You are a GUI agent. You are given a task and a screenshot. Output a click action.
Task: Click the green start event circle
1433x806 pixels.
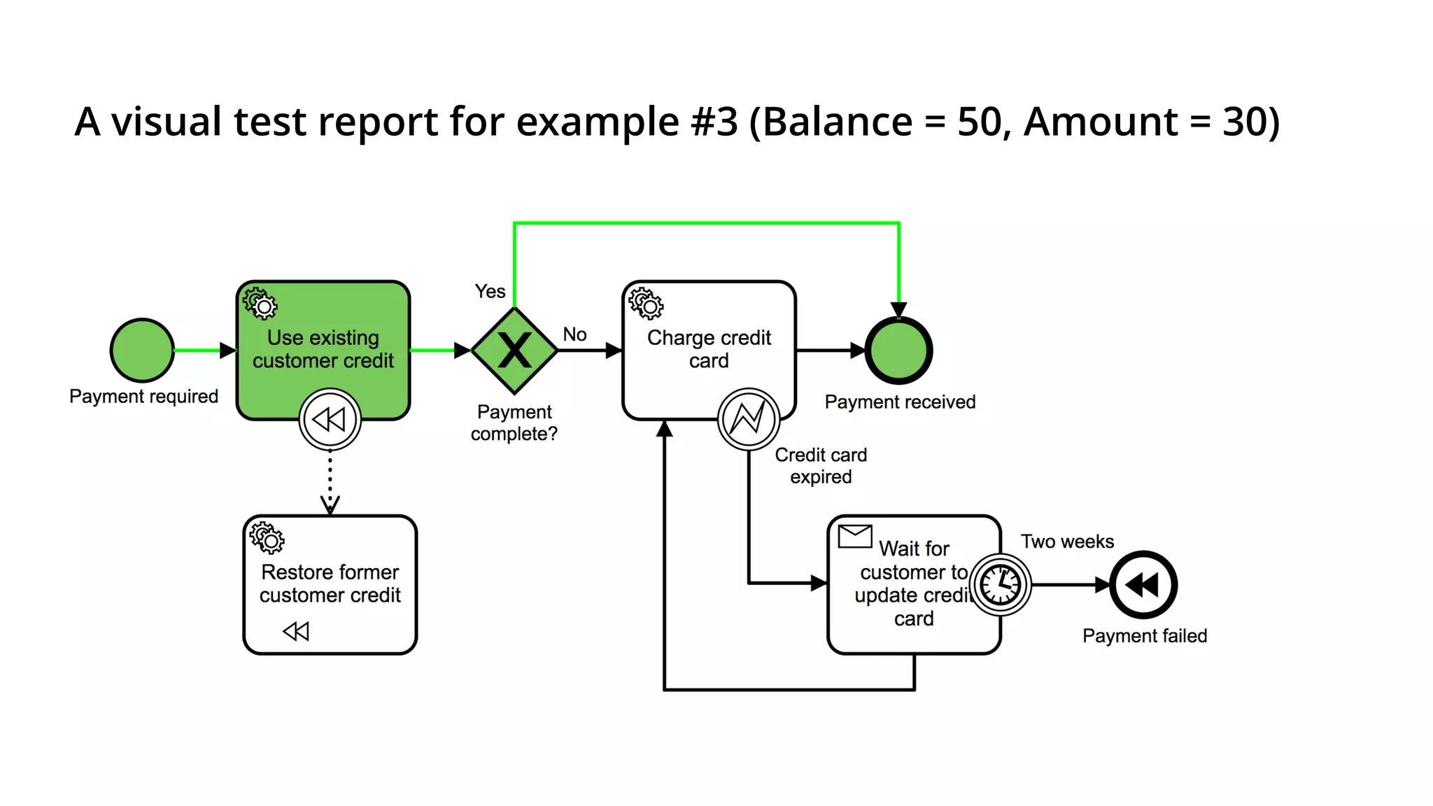pos(142,350)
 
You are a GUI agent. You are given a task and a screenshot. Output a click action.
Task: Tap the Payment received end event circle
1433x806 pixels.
pos(898,351)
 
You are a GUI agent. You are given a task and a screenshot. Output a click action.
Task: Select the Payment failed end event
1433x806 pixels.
pos(1144,584)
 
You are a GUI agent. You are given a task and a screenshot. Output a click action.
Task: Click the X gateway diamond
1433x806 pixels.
pos(514,351)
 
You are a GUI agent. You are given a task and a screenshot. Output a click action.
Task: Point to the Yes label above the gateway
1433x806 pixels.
pos(490,291)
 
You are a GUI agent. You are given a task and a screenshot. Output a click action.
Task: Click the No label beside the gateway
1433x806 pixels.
pos(574,334)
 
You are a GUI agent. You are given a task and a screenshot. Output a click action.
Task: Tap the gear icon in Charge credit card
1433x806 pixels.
pos(646,303)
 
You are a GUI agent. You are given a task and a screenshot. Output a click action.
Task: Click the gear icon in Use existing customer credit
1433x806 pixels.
pos(260,303)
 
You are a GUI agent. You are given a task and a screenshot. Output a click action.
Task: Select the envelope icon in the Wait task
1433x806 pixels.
pos(854,537)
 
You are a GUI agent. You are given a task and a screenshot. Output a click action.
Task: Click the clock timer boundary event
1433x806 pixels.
pos(1001,584)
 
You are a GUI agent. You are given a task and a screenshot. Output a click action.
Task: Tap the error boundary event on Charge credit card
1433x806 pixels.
pos(748,419)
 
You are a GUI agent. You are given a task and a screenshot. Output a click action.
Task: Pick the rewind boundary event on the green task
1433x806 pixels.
pos(330,419)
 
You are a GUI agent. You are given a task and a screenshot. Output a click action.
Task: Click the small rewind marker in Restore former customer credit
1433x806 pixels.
pos(296,631)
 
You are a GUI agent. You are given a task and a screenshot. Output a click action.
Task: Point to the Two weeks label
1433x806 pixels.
pos(1067,542)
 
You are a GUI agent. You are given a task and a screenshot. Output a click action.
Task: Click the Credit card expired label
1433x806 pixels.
pos(821,466)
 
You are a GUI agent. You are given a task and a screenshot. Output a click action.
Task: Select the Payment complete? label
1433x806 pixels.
pos(514,423)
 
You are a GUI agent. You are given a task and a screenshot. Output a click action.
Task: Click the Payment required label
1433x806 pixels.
pos(143,397)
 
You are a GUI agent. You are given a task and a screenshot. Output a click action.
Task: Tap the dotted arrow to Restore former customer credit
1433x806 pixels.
pos(330,483)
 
